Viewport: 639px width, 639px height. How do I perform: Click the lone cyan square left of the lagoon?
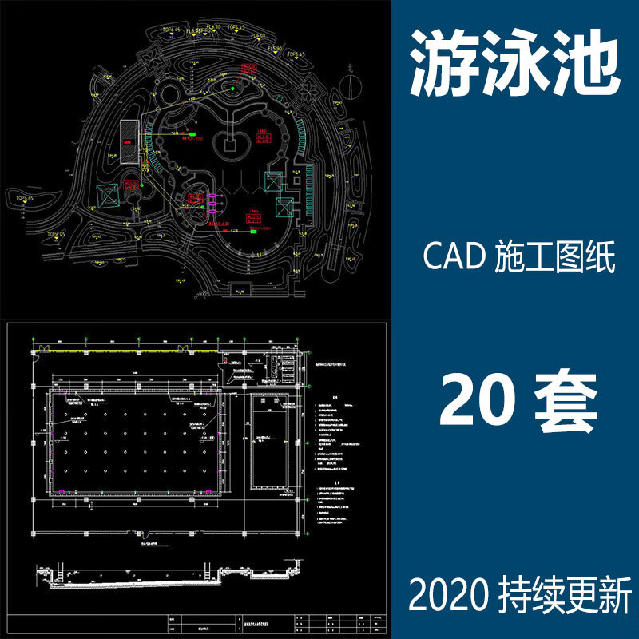point(106,195)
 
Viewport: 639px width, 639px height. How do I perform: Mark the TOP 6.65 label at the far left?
point(22,196)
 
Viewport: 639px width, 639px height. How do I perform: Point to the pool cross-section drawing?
point(168,574)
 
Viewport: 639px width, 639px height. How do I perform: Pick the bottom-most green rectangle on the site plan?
point(253,233)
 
